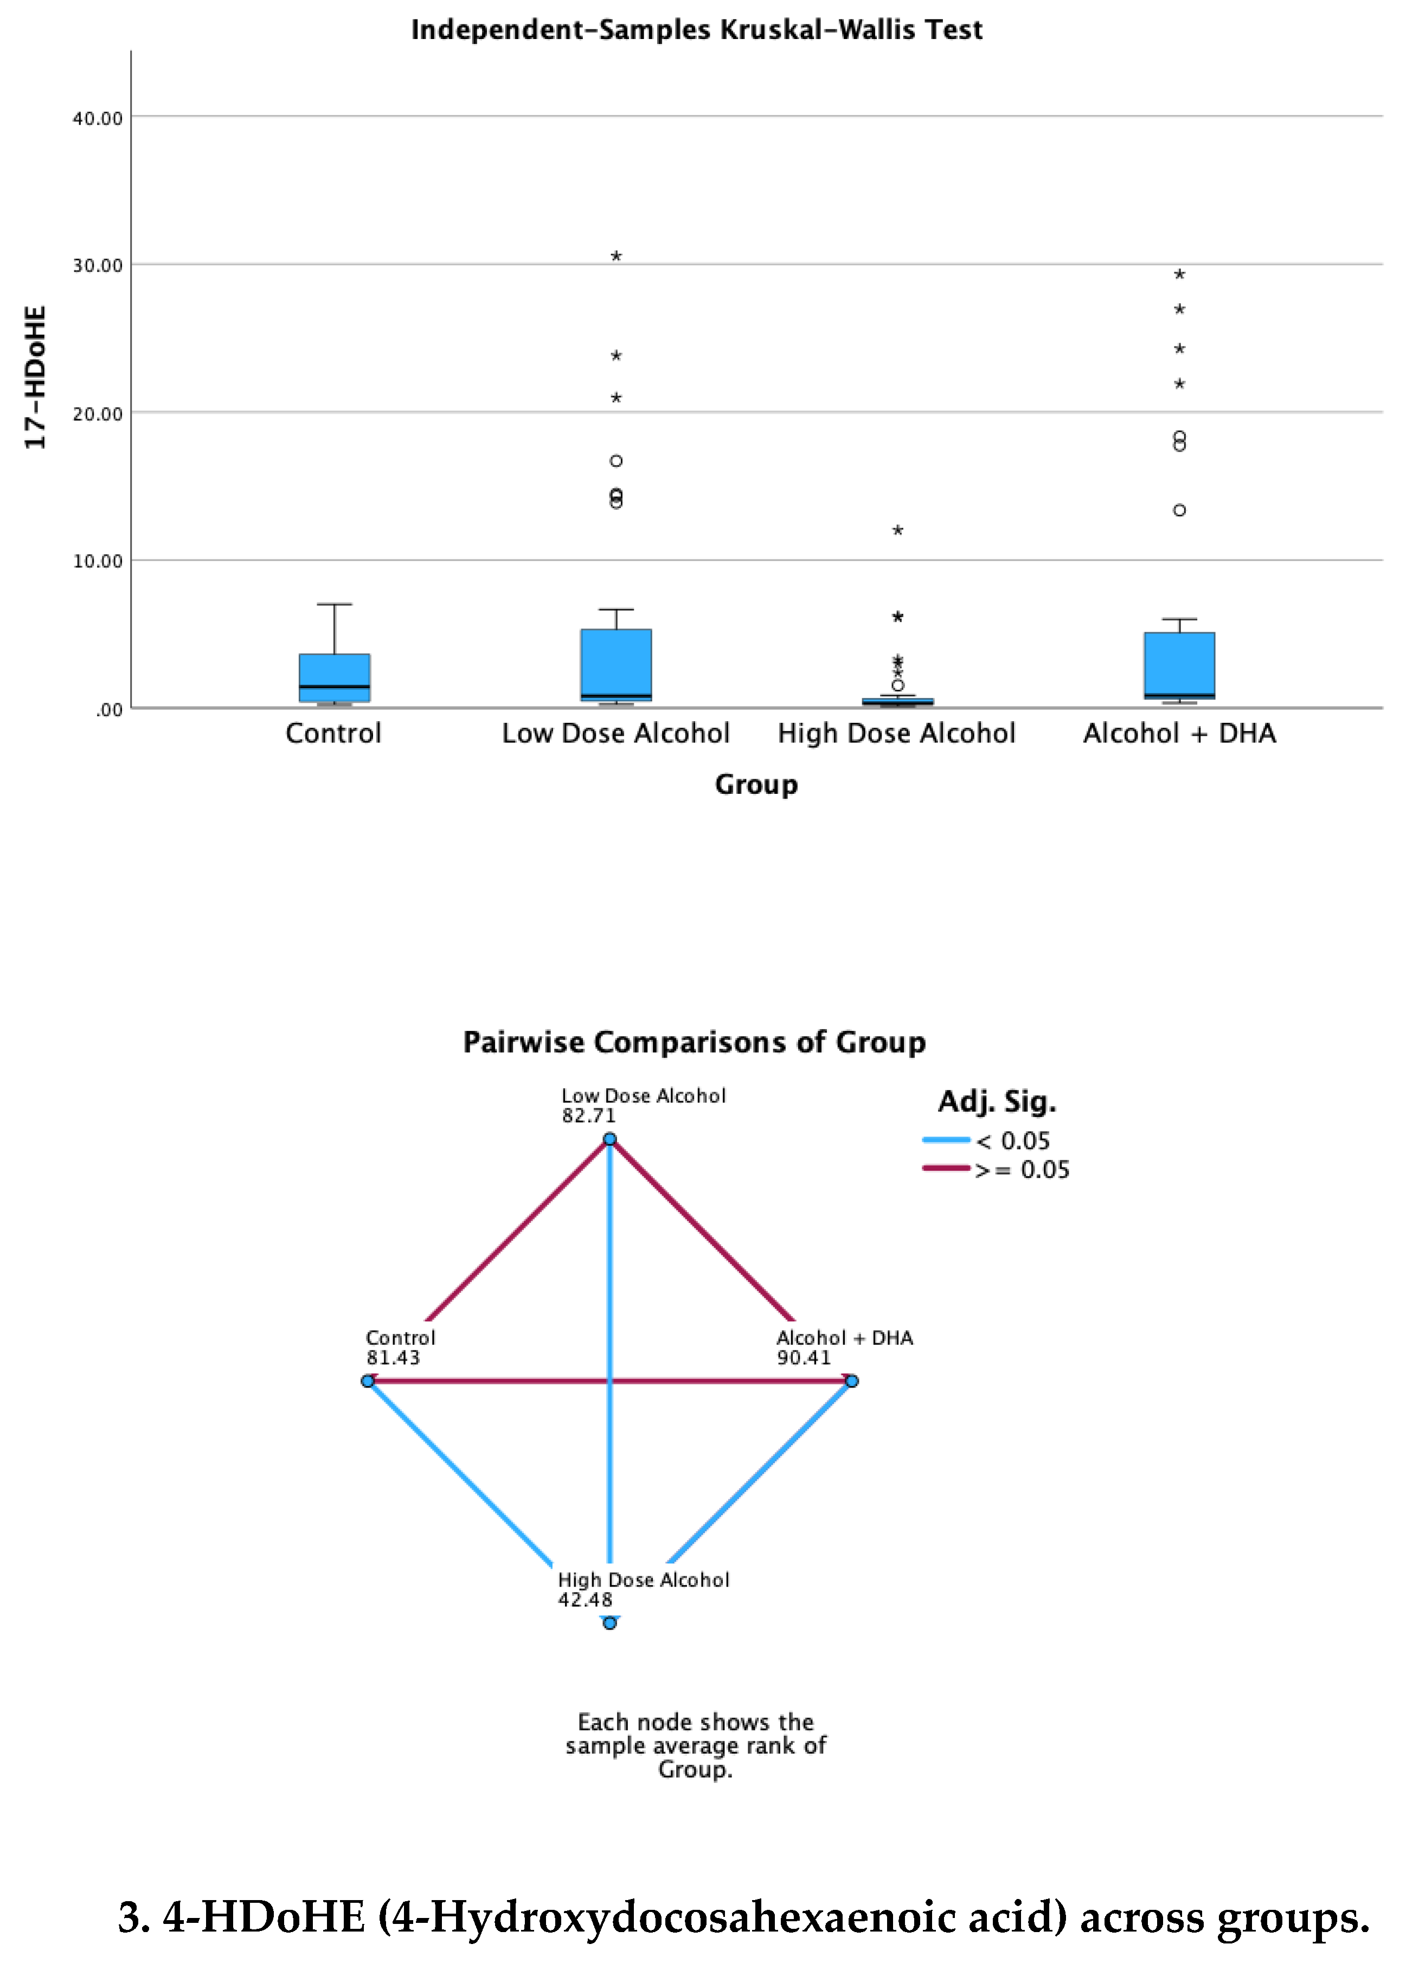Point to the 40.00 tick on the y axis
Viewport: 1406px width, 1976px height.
(97, 119)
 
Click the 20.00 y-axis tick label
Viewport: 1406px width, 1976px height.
(97, 414)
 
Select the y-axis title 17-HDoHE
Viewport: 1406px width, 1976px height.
(35, 377)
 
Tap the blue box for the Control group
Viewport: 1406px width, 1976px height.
(334, 677)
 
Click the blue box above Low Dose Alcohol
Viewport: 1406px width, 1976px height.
(615, 664)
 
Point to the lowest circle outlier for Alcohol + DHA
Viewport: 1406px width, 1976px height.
(1179, 510)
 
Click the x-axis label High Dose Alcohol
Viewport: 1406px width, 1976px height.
(896, 734)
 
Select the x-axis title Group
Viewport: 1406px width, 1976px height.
(756, 785)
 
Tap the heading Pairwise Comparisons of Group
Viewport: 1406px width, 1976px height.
(695, 1042)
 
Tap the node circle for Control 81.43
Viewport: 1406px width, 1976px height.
(368, 1381)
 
